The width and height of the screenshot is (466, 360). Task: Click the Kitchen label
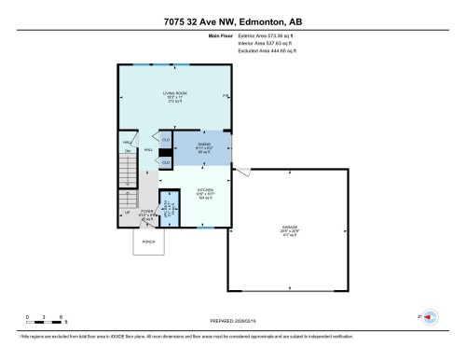(x=205, y=192)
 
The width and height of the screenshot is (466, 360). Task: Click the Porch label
(x=147, y=244)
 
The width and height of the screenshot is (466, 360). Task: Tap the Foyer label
(x=147, y=215)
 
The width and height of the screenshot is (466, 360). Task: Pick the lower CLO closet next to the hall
(x=165, y=162)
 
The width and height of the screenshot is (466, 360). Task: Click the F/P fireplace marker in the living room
(x=225, y=96)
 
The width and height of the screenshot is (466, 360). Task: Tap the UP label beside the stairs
(x=128, y=213)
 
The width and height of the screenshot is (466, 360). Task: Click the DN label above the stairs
(x=129, y=155)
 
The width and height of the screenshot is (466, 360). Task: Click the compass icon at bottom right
(x=429, y=318)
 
